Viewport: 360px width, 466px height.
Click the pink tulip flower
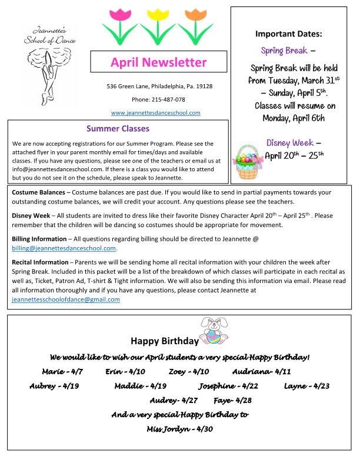click(x=120, y=14)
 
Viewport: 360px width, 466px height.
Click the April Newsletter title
click(x=158, y=62)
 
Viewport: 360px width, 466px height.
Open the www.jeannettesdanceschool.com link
click(x=156, y=113)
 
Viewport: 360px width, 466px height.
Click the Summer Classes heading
click(x=118, y=128)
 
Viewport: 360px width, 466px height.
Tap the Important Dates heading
click(x=288, y=34)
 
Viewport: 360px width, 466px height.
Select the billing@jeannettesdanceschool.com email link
click(x=64, y=248)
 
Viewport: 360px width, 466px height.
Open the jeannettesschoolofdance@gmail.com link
click(x=66, y=299)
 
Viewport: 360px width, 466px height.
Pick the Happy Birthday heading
click(x=165, y=341)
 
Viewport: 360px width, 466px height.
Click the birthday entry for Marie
click(x=62, y=372)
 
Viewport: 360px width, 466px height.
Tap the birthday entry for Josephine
click(x=228, y=386)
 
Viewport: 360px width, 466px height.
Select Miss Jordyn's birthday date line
click(x=179, y=429)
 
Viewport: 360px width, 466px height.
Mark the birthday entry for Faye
click(x=232, y=400)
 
